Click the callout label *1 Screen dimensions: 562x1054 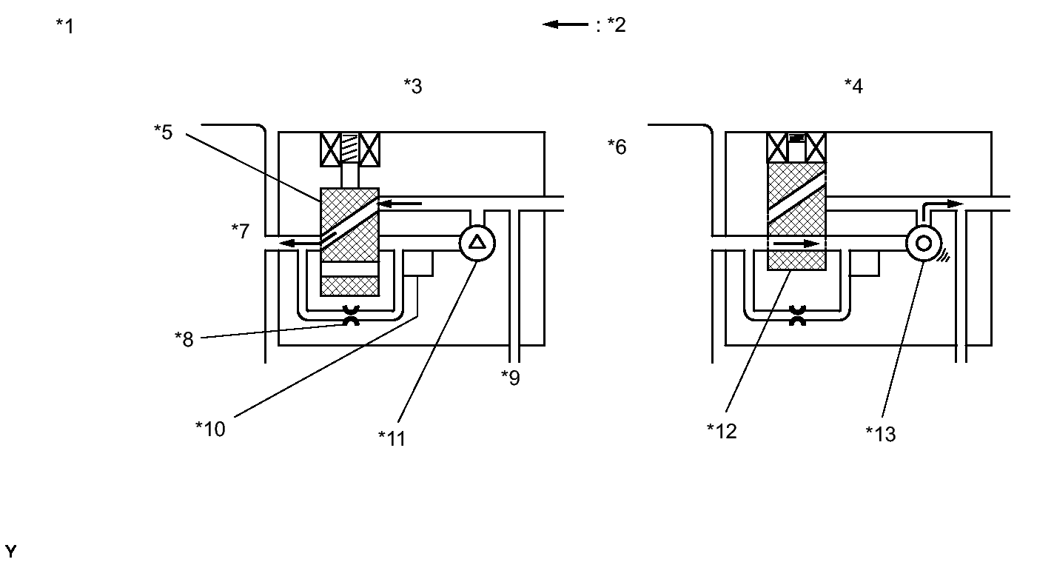click(x=65, y=26)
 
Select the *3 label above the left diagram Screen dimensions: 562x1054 click(x=413, y=86)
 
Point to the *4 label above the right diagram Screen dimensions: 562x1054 click(x=853, y=86)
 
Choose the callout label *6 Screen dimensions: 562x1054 click(x=617, y=147)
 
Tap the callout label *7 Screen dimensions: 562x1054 click(x=241, y=231)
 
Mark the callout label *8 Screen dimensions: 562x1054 click(x=184, y=339)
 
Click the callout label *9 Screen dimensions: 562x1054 click(x=510, y=378)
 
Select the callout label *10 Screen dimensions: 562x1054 click(x=210, y=428)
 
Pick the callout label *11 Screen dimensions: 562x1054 click(x=392, y=438)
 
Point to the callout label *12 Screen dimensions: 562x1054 click(x=722, y=431)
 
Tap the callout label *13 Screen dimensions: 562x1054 click(x=881, y=434)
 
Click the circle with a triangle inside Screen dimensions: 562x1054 click(x=477, y=242)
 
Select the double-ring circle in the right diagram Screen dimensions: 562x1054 click(x=924, y=242)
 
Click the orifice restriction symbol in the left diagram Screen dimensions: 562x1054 click(x=349, y=317)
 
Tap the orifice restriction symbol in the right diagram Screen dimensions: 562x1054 click(x=797, y=317)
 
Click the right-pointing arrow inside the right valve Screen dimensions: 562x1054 click(x=796, y=243)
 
